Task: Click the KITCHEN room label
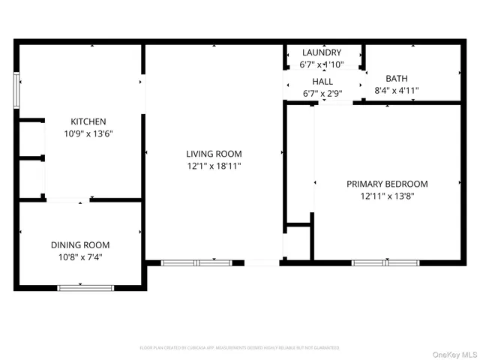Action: click(x=88, y=121)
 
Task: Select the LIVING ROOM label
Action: click(x=214, y=154)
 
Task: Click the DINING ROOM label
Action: click(x=80, y=245)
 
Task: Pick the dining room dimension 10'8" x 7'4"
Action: click(x=80, y=257)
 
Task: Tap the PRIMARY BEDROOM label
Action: click(x=387, y=184)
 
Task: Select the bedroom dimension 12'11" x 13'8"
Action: click(x=387, y=196)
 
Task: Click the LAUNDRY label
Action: click(x=322, y=52)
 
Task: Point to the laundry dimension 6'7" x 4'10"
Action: click(x=322, y=64)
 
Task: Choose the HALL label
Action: click(x=322, y=82)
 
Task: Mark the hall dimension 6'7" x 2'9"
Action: click(x=322, y=94)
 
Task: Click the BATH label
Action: click(x=397, y=79)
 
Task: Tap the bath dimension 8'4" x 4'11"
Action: click(x=397, y=91)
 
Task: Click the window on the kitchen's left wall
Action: click(x=16, y=91)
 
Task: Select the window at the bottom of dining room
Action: click(x=85, y=286)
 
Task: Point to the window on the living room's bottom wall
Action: click(x=197, y=262)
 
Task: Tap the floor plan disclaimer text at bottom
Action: click(x=239, y=348)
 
